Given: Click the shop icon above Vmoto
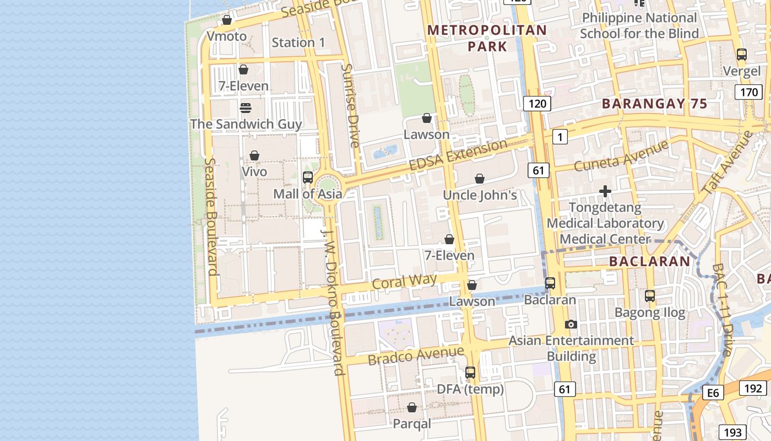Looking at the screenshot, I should click(x=226, y=20).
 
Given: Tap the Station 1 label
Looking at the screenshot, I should click(x=298, y=42).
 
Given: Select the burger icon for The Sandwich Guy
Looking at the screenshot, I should click(x=246, y=107).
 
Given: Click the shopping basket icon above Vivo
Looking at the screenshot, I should click(x=254, y=155).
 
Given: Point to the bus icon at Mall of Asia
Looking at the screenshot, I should click(x=308, y=178).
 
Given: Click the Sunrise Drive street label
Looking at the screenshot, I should click(x=350, y=105).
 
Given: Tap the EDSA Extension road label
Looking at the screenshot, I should click(x=458, y=155).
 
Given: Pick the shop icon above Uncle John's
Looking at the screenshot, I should click(x=480, y=179).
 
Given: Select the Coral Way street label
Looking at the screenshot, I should click(x=404, y=282).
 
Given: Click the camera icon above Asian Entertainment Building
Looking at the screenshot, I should click(x=571, y=324).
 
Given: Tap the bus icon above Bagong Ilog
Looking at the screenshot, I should click(x=650, y=296).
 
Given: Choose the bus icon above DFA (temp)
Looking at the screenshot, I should click(x=470, y=373).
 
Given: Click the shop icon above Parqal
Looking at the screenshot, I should click(x=412, y=407).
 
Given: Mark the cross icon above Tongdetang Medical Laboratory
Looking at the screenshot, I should click(x=605, y=191).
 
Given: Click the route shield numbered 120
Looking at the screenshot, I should click(x=537, y=103).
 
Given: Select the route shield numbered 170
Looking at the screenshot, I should click(x=748, y=92).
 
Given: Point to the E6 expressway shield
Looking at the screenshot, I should click(x=713, y=392).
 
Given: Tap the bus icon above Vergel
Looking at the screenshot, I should click(x=742, y=55).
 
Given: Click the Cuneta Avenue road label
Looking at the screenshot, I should click(x=621, y=155).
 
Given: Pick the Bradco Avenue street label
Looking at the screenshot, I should click(x=416, y=355).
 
